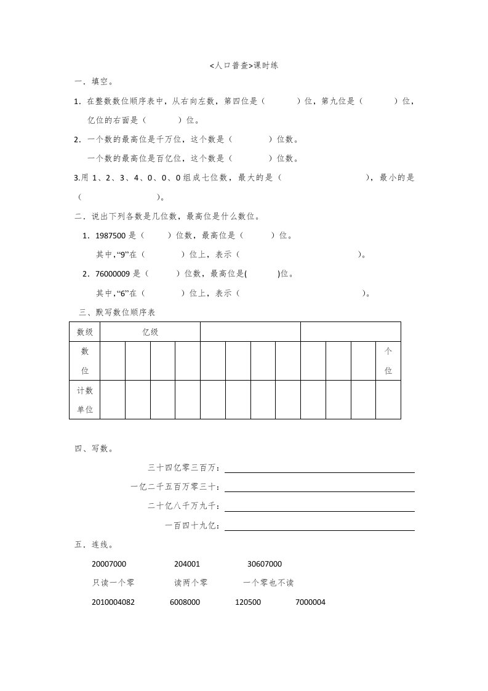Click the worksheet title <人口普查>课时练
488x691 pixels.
[244, 65]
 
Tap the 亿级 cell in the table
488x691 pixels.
[150, 332]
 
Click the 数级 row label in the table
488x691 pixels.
[85, 332]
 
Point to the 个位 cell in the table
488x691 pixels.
[388, 361]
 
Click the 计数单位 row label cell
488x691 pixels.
[85, 400]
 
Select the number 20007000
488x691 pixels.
[109, 564]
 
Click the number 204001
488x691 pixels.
[187, 564]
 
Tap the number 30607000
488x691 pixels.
[265, 564]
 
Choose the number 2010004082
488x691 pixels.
[113, 602]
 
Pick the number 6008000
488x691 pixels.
[185, 602]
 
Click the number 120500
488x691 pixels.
[248, 602]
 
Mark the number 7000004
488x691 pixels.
[311, 602]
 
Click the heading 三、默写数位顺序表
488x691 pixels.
[118, 313]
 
